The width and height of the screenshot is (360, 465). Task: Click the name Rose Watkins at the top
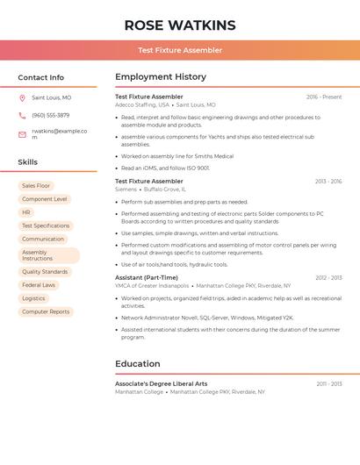[180, 25]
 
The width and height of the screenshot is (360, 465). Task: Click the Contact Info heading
[41, 77]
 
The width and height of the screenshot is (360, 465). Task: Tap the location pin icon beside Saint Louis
[22, 97]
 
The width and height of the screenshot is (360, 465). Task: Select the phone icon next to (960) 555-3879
[22, 115]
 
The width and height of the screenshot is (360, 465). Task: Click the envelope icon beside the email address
[22, 134]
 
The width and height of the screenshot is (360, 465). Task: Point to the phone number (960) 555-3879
[50, 115]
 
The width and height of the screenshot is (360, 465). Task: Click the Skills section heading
[28, 162]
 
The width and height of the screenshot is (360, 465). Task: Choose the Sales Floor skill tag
[36, 186]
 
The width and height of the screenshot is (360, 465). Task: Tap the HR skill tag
[26, 212]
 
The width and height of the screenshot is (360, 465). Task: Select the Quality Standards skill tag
[45, 272]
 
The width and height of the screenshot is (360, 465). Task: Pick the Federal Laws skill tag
[39, 285]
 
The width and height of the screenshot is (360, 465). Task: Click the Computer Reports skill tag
[46, 311]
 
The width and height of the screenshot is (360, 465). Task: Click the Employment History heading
[161, 77]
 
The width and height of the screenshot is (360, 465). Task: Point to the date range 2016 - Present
[324, 97]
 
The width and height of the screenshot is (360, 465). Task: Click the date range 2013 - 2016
[327, 182]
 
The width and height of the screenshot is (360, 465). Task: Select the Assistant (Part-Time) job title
[147, 277]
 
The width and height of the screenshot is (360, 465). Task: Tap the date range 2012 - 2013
[327, 277]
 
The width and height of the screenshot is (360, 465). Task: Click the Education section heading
[138, 363]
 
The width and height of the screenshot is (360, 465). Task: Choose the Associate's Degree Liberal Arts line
[162, 383]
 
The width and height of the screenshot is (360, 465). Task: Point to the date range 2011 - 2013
[328, 383]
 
